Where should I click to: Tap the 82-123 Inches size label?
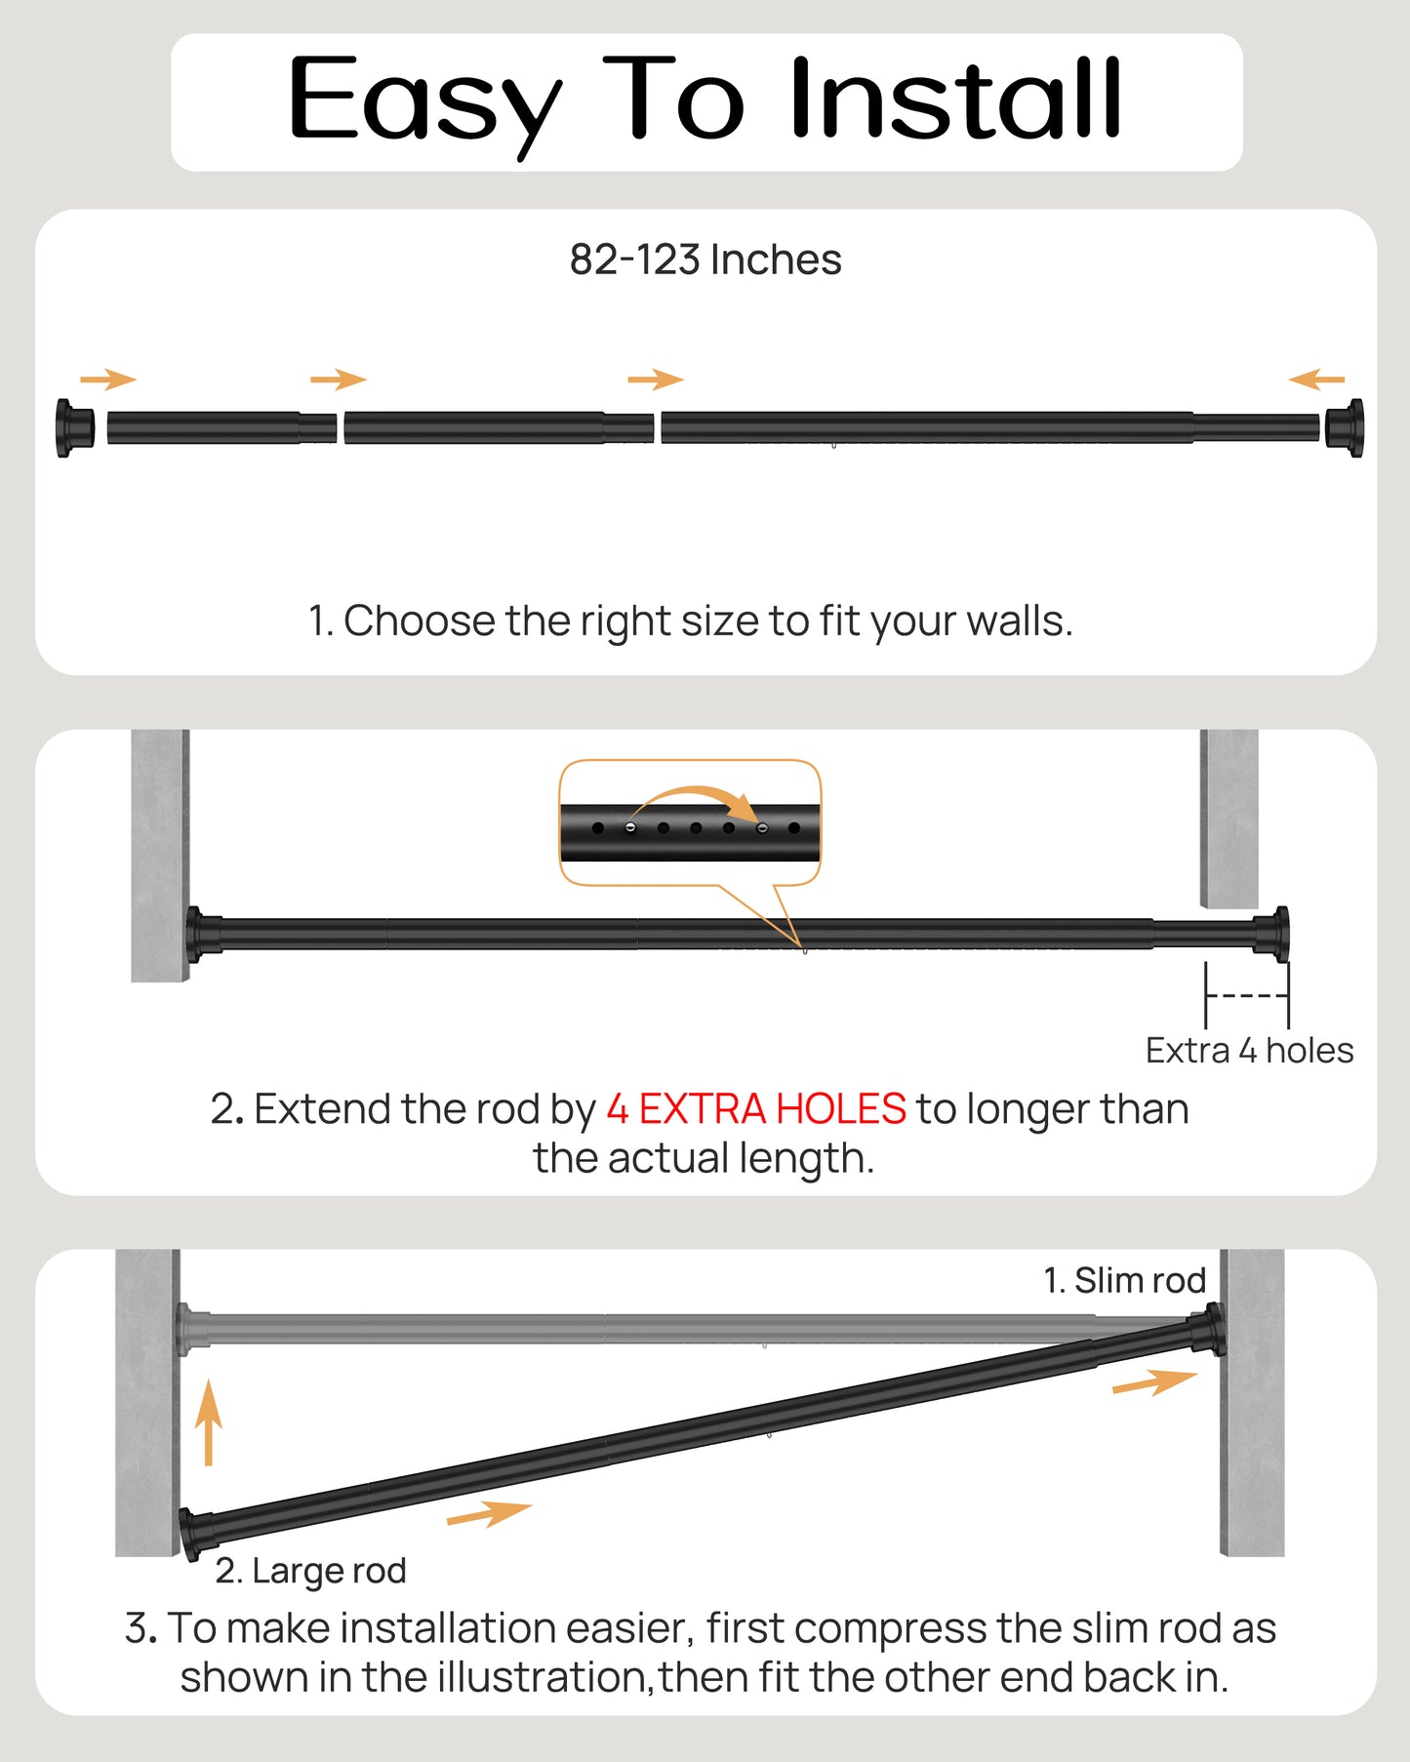(705, 260)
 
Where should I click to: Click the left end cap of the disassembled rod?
(74, 427)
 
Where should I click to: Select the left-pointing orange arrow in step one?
(1316, 380)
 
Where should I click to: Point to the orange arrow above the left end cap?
(107, 380)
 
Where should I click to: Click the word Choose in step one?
(419, 621)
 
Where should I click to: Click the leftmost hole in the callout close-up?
(598, 828)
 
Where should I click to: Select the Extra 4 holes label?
(1249, 1051)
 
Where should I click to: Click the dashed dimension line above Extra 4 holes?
(1246, 996)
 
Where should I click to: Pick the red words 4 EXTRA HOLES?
(756, 1109)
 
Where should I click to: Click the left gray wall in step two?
(159, 854)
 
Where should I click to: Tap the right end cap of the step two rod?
(1272, 933)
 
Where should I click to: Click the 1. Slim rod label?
(1124, 1280)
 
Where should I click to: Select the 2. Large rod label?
(310, 1571)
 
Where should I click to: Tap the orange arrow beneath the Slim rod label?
(1154, 1382)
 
